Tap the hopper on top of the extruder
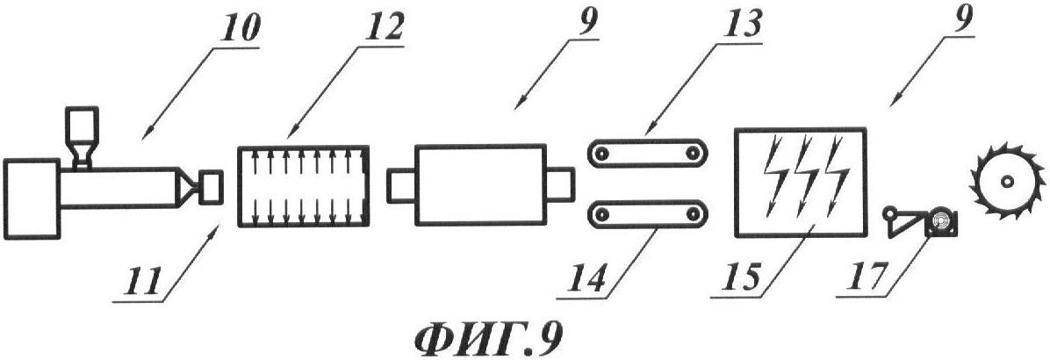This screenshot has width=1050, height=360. [x=81, y=136]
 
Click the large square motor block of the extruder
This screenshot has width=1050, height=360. [x=32, y=198]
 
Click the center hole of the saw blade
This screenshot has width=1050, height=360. [x=1006, y=182]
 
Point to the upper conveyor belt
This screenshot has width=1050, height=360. [x=646, y=154]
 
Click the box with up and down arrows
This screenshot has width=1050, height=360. [x=305, y=185]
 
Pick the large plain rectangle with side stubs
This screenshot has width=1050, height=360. [x=480, y=184]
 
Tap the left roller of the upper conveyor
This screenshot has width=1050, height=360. [x=602, y=154]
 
